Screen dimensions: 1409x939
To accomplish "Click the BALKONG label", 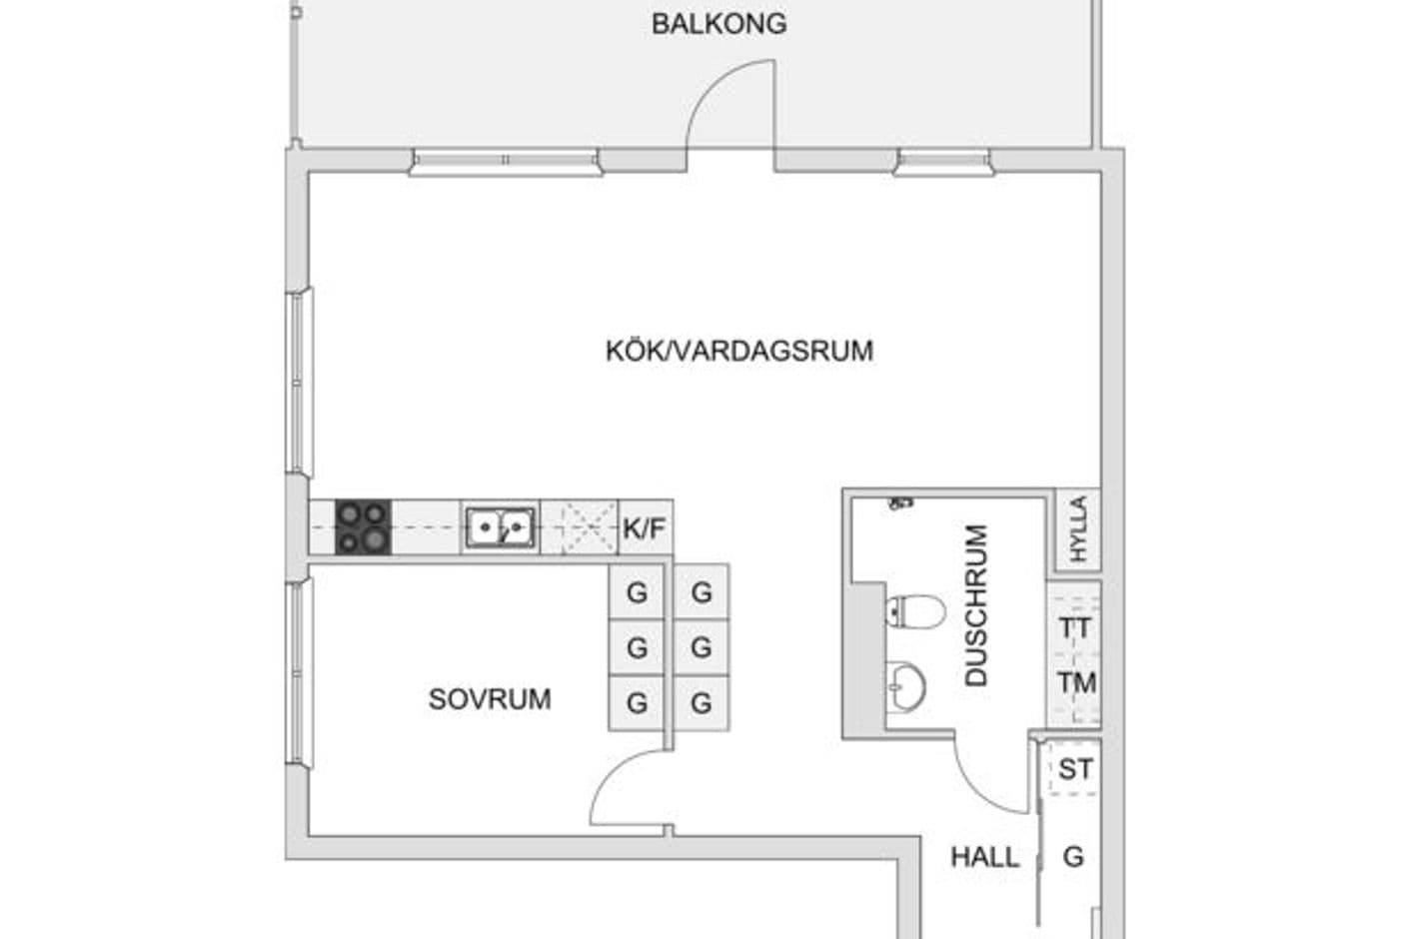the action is coord(718,24).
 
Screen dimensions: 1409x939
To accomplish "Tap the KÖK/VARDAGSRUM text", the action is coord(739,351).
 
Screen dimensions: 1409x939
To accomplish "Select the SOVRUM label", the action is coord(490,698).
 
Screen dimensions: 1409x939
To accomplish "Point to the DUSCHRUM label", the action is coord(976,605).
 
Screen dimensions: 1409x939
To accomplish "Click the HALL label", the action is coord(984,857).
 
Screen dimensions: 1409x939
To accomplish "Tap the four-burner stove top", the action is coord(363,527).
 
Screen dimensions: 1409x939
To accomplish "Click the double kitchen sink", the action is coord(500,527).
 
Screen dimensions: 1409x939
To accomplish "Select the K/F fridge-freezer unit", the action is coord(646,527).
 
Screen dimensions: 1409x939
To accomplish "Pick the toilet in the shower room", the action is coord(915,610).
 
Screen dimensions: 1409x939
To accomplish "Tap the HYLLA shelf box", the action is coord(1078,528).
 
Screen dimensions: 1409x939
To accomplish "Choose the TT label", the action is coord(1075,627).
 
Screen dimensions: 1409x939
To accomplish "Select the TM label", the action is coord(1077,682).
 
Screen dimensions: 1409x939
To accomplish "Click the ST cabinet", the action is coord(1074,768).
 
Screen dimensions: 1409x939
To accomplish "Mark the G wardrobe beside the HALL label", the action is coord(1072,857).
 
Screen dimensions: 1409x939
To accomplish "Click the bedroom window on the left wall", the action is coord(300,673).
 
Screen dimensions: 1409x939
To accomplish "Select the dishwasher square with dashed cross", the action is coord(580,527).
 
